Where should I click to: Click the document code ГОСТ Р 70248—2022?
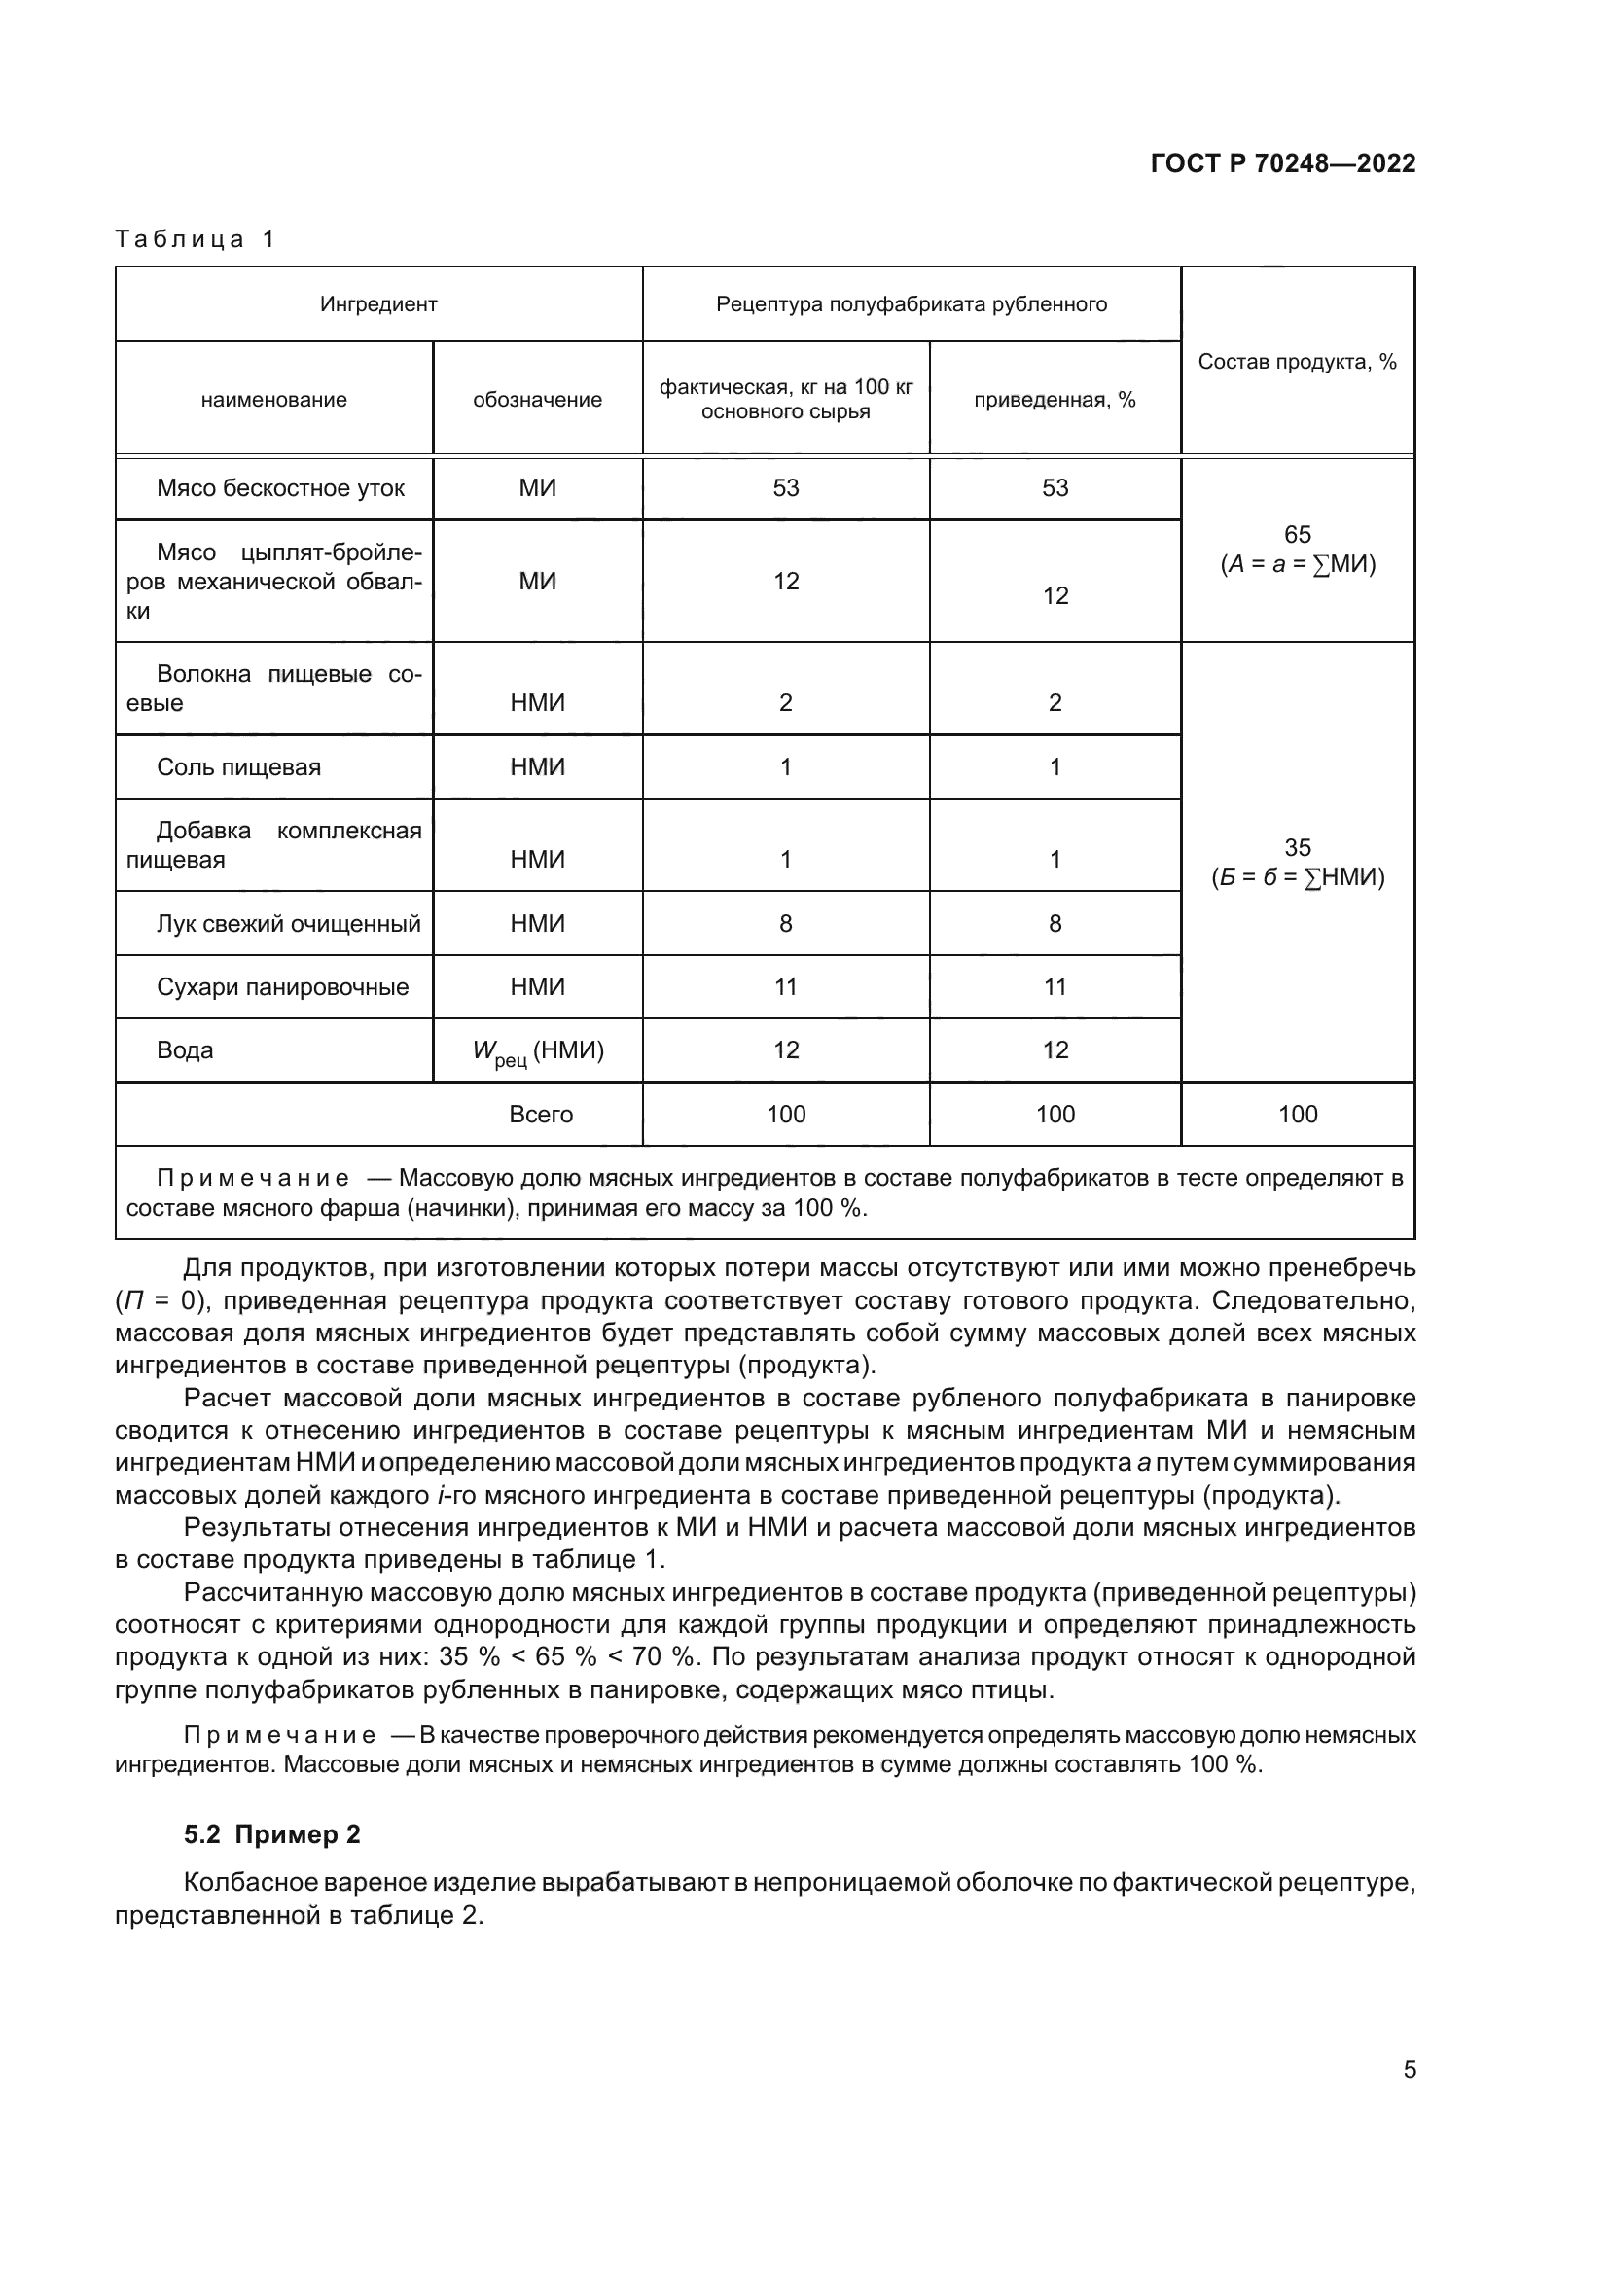(x=1282, y=163)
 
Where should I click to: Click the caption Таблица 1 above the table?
(x=195, y=239)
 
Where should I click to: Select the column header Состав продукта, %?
(x=1296, y=362)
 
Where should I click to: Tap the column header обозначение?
(x=537, y=400)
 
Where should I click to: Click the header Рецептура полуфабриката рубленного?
(x=911, y=304)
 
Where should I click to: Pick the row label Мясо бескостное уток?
(x=280, y=487)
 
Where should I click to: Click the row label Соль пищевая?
(x=238, y=766)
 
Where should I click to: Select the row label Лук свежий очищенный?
(x=288, y=923)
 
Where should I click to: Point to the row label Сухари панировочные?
(x=282, y=987)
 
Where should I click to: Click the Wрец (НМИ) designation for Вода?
(x=538, y=1051)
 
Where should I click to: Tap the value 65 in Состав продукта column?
(x=1297, y=535)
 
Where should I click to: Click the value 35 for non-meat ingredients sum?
(x=1297, y=847)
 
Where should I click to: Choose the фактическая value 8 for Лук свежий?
(x=786, y=923)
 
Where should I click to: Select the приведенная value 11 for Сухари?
(x=1055, y=987)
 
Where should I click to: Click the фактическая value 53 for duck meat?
(x=786, y=487)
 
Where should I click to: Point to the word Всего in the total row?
(x=541, y=1114)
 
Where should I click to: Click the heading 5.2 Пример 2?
(x=271, y=1835)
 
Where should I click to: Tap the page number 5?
(x=1409, y=2070)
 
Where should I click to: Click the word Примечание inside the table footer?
(x=253, y=1178)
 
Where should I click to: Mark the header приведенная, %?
(x=1055, y=400)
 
